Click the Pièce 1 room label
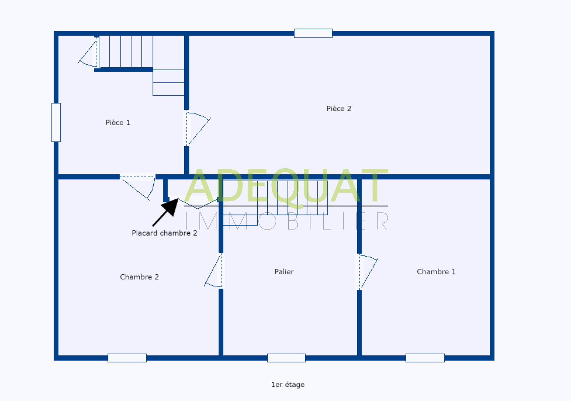118,123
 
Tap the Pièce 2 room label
339,108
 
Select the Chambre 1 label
436,271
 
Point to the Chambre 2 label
139,277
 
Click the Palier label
284,271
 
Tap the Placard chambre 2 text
164,233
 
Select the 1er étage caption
288,384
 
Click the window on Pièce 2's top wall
313,33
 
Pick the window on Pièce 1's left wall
56,122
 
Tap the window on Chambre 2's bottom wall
127,358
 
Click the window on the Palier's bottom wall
286,358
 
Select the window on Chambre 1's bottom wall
425,358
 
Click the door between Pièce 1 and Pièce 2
197,128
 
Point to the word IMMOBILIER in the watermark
286,221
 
